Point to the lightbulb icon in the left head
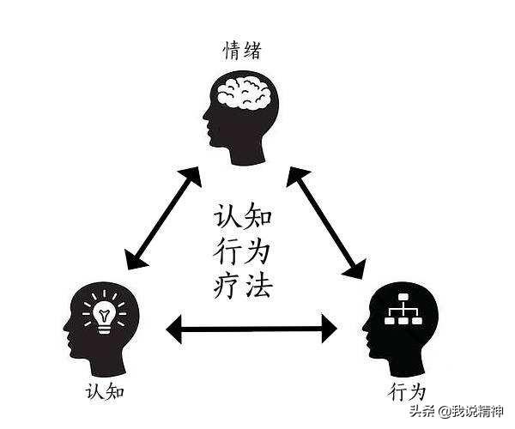click(x=104, y=314)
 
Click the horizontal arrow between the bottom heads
click(x=252, y=327)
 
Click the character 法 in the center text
click(x=260, y=284)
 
